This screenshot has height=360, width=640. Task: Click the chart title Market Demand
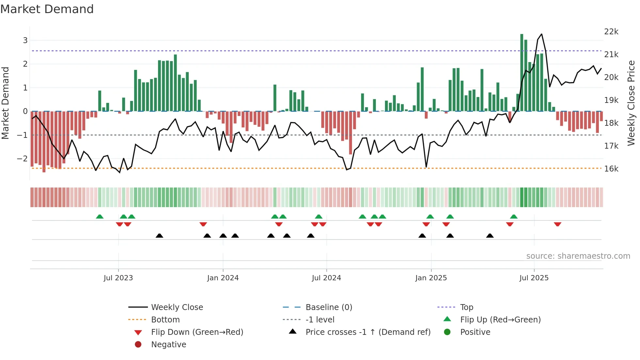[47, 9]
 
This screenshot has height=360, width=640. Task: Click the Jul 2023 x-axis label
[118, 278]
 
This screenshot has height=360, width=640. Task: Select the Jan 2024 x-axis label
[223, 278]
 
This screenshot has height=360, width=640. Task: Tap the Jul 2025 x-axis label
[534, 278]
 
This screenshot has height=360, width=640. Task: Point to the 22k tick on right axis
[611, 32]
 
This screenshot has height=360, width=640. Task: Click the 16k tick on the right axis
[611, 169]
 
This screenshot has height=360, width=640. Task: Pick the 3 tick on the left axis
[25, 41]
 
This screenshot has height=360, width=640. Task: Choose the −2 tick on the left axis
[22, 159]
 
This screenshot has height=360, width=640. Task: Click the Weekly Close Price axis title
[631, 103]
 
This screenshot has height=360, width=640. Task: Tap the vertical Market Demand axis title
[5, 103]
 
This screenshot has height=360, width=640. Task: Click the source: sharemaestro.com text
[578, 256]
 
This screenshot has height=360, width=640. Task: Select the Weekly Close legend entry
[177, 307]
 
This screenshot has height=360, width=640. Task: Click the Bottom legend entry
[165, 320]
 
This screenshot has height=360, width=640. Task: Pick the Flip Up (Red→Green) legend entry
[500, 320]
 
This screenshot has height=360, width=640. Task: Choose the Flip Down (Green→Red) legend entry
[197, 332]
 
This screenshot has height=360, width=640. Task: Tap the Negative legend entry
[168, 345]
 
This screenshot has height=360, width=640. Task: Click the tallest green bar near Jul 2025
[522, 72]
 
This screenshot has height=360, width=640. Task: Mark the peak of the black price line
[542, 34]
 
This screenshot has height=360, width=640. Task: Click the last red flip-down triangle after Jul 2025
[557, 224]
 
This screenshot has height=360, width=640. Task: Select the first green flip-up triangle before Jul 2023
[100, 217]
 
